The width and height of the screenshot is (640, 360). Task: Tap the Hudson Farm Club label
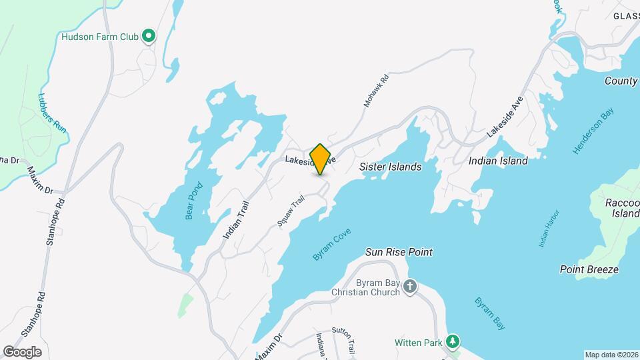[100, 37]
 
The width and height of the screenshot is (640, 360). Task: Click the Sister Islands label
[391, 167]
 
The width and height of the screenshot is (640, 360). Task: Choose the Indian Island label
[498, 161]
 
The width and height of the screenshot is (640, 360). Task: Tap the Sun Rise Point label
[399, 252]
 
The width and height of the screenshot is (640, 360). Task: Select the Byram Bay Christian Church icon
[410, 287]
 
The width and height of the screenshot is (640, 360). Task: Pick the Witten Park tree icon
[453, 343]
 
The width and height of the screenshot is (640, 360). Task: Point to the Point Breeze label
[589, 269]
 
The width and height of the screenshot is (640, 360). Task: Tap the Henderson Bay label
[593, 133]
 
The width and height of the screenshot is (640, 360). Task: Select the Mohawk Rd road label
[375, 91]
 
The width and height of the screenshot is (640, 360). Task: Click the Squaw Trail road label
[291, 209]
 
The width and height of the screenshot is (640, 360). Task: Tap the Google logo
[22, 352]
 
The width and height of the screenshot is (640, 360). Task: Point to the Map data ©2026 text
[611, 355]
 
